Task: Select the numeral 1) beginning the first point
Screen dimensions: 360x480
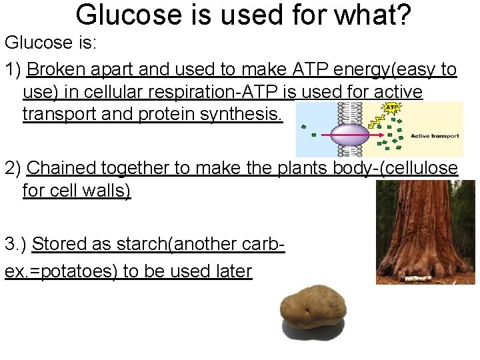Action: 13,70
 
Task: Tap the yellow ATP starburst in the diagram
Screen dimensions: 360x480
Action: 389,108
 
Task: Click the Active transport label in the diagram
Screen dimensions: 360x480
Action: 434,136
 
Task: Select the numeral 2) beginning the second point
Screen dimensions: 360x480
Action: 13,168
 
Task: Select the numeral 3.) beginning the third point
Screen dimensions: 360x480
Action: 16,244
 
